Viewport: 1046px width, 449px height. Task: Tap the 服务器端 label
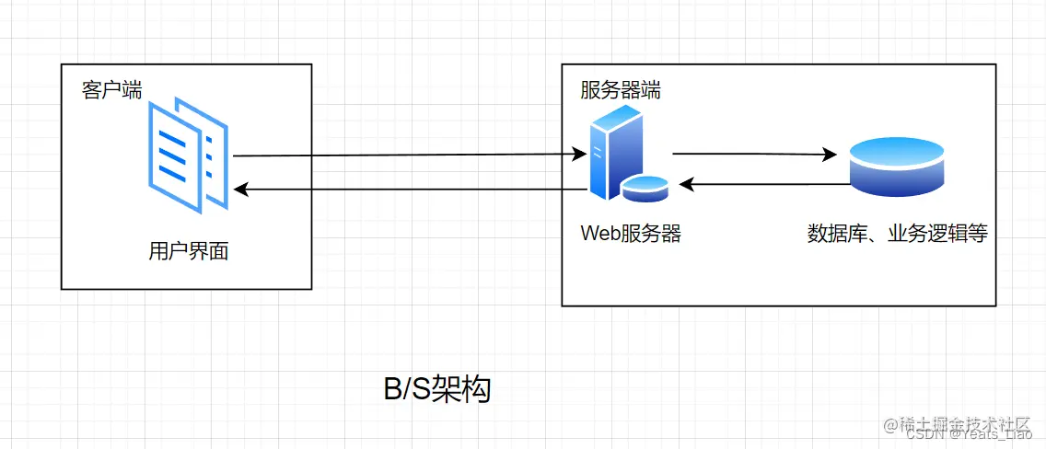pyautogui.click(x=620, y=90)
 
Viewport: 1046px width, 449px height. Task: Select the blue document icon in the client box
pyautogui.click(x=188, y=154)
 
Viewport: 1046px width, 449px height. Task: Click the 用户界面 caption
pyautogui.click(x=188, y=250)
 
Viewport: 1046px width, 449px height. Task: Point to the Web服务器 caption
pyautogui.click(x=631, y=234)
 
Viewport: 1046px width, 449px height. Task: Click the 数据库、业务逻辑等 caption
pyautogui.click(x=897, y=234)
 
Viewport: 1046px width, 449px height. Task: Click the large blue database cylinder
pyautogui.click(x=896, y=167)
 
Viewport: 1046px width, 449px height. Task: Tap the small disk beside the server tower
pyautogui.click(x=645, y=189)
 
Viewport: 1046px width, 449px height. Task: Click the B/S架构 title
pyautogui.click(x=437, y=389)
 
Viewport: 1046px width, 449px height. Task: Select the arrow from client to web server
pyautogui.click(x=405, y=155)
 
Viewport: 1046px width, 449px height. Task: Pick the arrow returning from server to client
pyautogui.click(x=405, y=190)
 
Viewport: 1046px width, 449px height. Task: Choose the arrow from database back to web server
pyautogui.click(x=764, y=185)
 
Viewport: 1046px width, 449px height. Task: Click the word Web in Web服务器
pyautogui.click(x=600, y=234)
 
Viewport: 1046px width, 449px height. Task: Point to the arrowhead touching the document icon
pyautogui.click(x=240, y=190)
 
